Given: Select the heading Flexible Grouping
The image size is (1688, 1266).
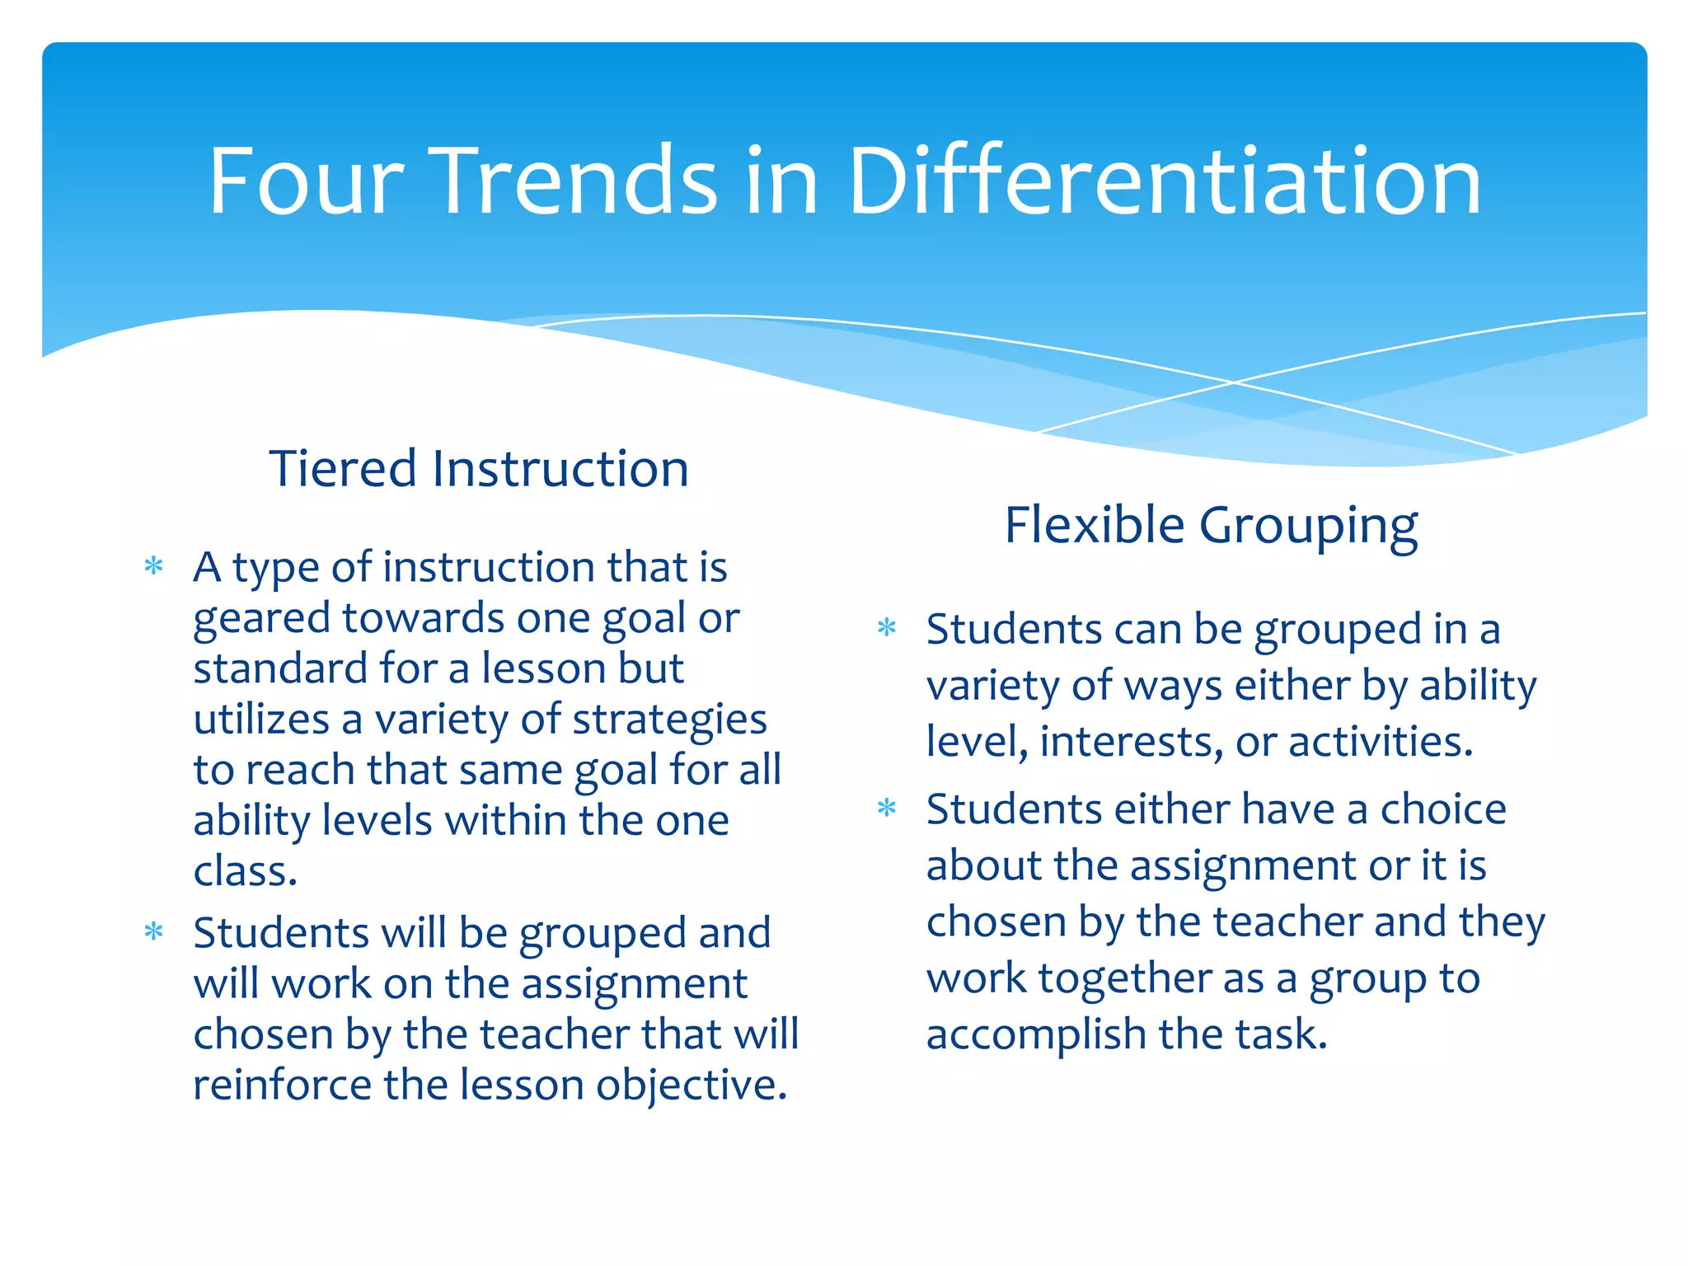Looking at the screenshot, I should (x=1211, y=525).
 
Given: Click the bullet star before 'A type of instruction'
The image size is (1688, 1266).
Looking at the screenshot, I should (x=154, y=567).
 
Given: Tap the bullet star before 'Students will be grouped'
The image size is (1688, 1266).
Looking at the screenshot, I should (x=154, y=933).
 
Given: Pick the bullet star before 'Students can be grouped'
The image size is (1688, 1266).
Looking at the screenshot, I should (x=887, y=629).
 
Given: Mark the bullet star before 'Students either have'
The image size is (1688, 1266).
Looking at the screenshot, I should (x=887, y=809).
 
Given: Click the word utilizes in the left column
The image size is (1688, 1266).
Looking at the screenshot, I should (x=261, y=719).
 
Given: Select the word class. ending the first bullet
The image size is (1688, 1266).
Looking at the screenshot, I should (x=245, y=871).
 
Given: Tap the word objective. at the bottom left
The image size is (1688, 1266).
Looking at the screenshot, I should (x=692, y=1085).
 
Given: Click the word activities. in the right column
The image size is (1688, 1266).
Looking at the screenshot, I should (x=1381, y=741).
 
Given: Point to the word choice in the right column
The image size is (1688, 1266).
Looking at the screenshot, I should (x=1443, y=809).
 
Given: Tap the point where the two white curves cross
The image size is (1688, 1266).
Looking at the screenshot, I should (x=1234, y=382).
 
